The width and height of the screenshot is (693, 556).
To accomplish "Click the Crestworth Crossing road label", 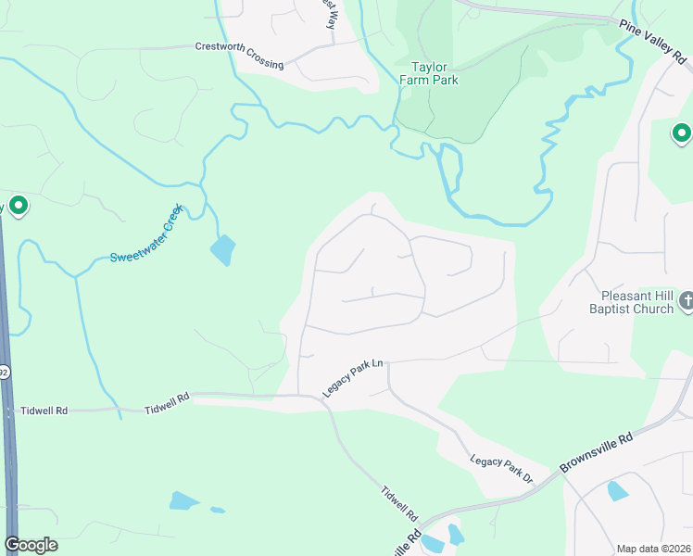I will click(239, 54).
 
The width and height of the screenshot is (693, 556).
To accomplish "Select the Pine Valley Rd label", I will click(655, 44).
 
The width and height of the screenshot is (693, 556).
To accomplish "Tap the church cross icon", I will click(686, 300).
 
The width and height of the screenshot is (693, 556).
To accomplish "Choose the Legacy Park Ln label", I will click(352, 379).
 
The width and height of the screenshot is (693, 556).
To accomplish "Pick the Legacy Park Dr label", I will click(502, 469).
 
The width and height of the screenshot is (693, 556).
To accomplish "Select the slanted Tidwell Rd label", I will click(400, 503).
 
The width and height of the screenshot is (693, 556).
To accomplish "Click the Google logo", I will click(31, 545).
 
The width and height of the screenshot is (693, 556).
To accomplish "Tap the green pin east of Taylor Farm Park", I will click(681, 133).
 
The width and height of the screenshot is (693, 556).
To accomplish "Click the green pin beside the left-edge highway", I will click(17, 206).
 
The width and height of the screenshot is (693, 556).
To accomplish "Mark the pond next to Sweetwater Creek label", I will click(222, 249).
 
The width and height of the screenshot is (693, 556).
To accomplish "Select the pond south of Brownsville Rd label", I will click(617, 491).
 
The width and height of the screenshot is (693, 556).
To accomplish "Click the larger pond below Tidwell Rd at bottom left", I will click(183, 501).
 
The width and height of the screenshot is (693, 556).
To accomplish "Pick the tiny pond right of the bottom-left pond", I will click(217, 509).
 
